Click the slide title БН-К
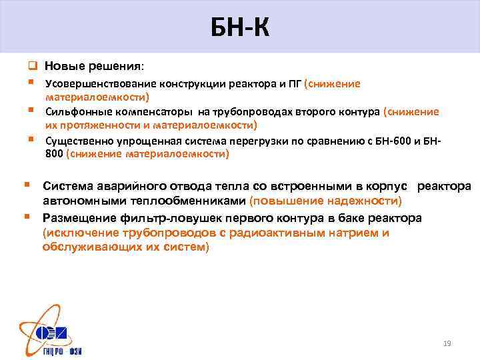pyautogui.click(x=240, y=28)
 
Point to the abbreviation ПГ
pyautogui.click(x=294, y=84)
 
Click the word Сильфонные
pyautogui.click(x=74, y=111)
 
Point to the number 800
pyautogui.click(x=55, y=154)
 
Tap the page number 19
pyautogui.click(x=447, y=343)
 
